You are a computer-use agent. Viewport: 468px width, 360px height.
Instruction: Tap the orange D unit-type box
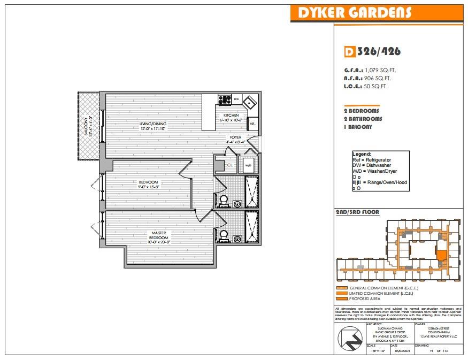(x=349, y=52)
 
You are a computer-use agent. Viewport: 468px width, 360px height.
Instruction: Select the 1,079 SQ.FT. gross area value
(x=380, y=70)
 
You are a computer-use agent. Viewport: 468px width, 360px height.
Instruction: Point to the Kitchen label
(x=231, y=116)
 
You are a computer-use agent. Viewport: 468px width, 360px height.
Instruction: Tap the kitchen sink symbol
(x=249, y=101)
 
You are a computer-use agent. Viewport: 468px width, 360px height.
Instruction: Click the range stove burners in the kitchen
(x=224, y=99)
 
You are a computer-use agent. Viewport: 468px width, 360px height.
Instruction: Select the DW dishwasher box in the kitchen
(x=236, y=99)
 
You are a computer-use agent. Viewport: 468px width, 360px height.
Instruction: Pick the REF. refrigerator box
(x=252, y=124)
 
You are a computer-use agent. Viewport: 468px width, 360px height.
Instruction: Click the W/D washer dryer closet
(x=248, y=165)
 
